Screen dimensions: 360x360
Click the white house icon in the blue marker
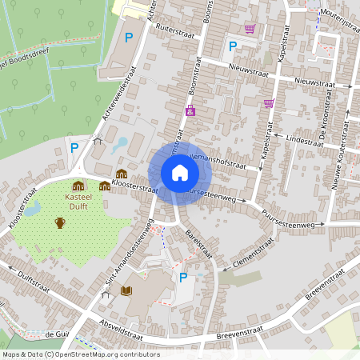pyautogui.click(x=179, y=173)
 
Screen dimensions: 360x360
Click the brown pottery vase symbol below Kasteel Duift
pyautogui.click(x=60, y=222)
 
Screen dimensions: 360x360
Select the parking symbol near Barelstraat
pyautogui.click(x=183, y=278)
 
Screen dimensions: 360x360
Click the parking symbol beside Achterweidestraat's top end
pyautogui.click(x=129, y=37)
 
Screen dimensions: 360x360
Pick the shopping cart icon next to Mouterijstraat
pyautogui.click(x=250, y=29)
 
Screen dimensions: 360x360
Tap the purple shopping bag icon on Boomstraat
pyautogui.click(x=190, y=111)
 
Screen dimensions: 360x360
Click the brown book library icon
pyautogui.click(x=126, y=290)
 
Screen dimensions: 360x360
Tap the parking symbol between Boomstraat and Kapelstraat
pyautogui.click(x=233, y=46)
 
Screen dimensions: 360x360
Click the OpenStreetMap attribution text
pyautogui.click(x=81, y=354)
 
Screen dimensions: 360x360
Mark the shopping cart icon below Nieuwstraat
pyautogui.click(x=269, y=102)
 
